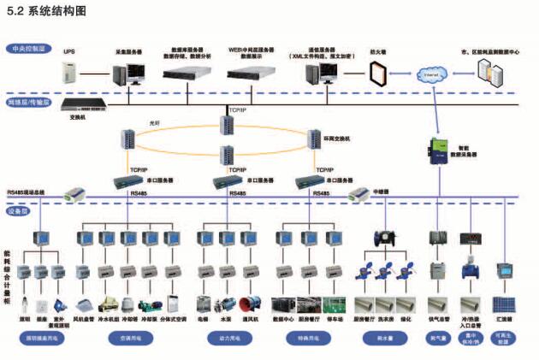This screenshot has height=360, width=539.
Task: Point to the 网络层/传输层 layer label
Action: point(29,102)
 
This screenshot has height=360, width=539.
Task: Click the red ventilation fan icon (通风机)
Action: point(251,304)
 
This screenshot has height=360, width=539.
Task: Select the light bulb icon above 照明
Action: point(27,304)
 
